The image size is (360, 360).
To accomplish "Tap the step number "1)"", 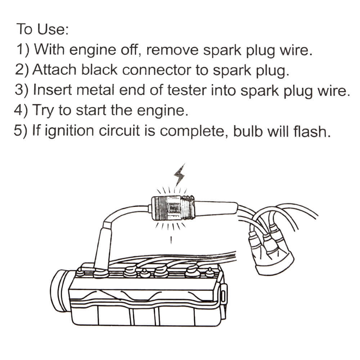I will [24, 49].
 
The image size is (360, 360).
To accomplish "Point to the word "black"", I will [100, 69].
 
